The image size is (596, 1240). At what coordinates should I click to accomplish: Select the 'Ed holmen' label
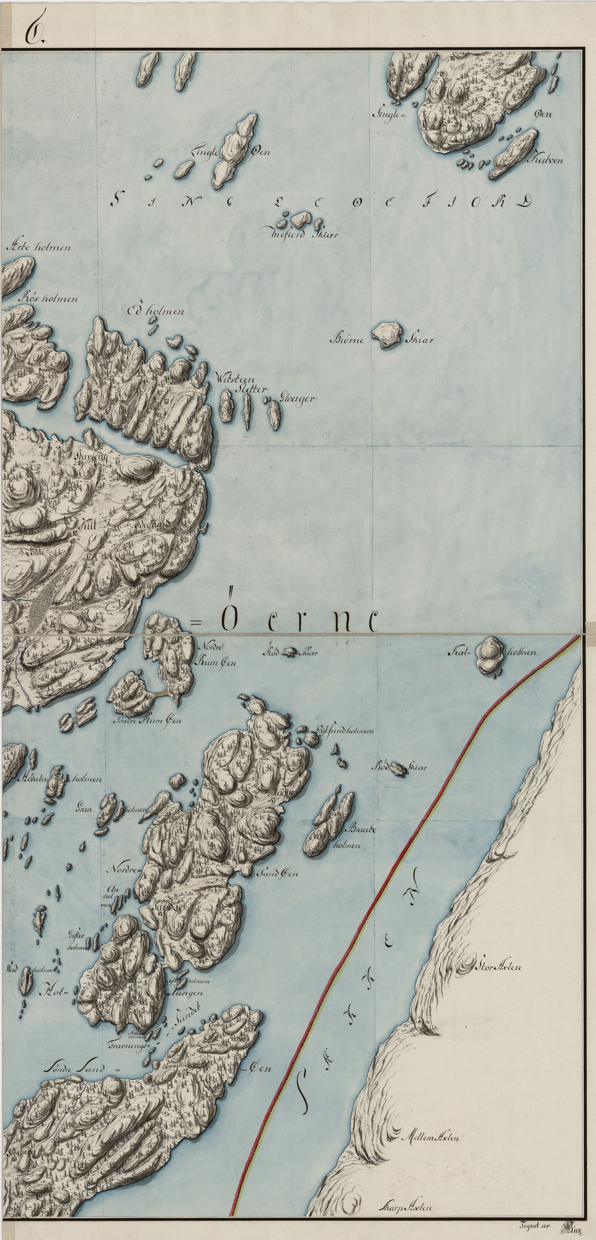coord(155,311)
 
